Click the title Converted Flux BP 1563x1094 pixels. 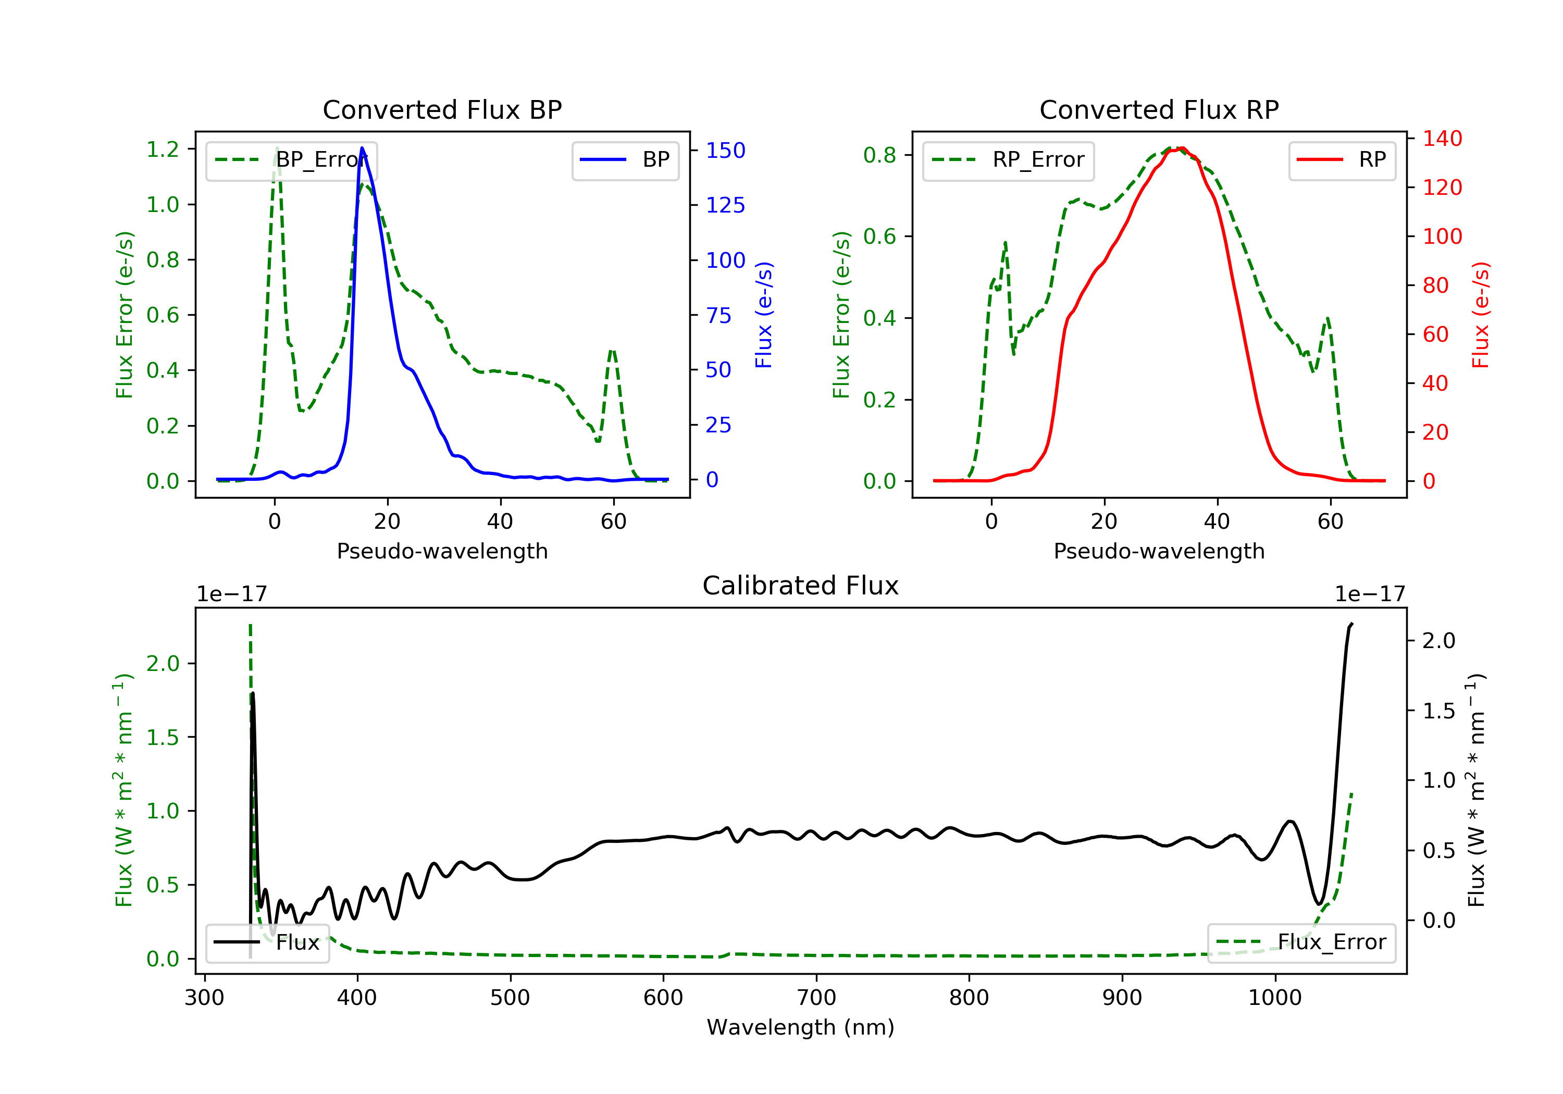click(x=442, y=109)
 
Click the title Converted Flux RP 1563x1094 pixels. click(x=1159, y=109)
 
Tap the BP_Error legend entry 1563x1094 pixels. click(x=291, y=160)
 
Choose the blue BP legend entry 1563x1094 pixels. click(x=625, y=160)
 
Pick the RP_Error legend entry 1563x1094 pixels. click(x=1008, y=160)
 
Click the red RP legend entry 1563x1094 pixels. click(x=1342, y=160)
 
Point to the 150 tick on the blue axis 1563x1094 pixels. click(x=725, y=151)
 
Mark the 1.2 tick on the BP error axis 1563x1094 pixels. click(x=163, y=149)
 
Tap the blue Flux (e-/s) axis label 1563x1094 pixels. click(x=764, y=315)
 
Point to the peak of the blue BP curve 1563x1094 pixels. click(x=362, y=148)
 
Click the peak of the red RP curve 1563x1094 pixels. click(x=1182, y=148)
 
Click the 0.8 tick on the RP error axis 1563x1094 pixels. click(x=879, y=155)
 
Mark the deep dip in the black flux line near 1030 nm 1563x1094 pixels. click(x=1319, y=904)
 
